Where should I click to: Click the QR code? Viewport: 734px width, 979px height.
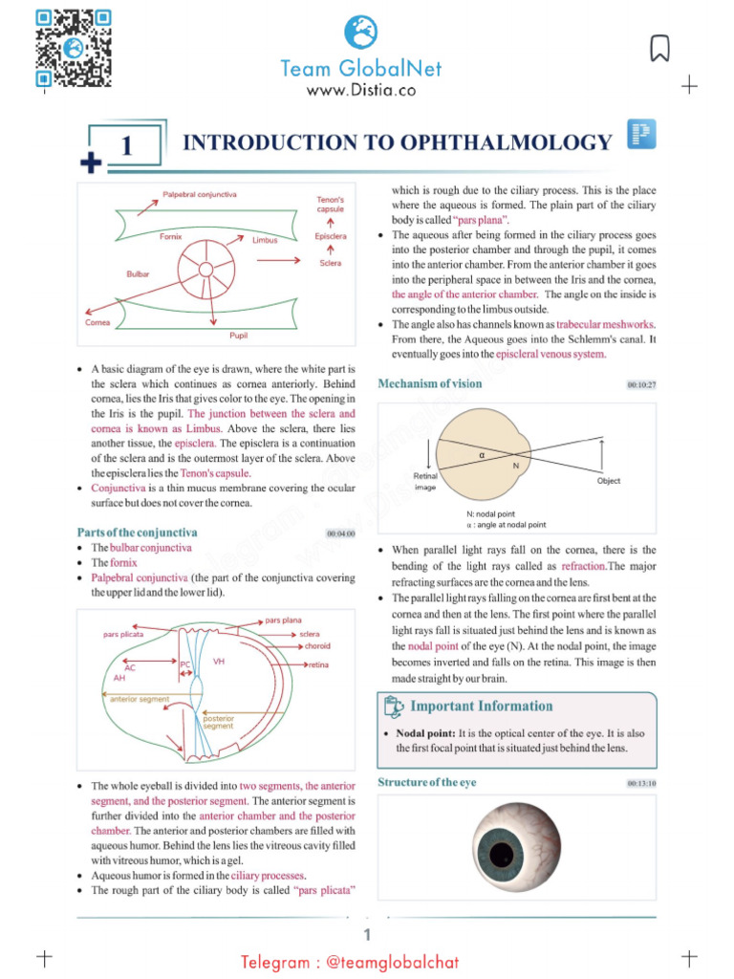74,48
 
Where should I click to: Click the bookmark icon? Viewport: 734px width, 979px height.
659,48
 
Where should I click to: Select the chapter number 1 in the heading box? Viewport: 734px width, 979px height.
126,146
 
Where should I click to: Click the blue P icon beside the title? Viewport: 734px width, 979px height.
640,135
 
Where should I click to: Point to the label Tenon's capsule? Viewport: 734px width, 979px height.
330,204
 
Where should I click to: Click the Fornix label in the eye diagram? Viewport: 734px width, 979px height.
171,236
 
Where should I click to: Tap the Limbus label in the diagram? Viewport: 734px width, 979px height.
265,240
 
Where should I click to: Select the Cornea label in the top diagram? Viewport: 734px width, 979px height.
97,322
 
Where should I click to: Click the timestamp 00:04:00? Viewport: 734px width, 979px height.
341,533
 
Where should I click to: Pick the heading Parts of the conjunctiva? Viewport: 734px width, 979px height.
137,532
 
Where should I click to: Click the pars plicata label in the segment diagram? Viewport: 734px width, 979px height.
123,634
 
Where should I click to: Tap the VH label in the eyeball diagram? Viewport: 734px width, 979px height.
218,662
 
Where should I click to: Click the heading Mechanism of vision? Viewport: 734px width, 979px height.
430,383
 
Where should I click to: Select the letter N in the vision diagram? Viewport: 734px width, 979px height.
516,466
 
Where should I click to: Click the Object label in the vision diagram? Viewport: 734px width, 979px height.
609,481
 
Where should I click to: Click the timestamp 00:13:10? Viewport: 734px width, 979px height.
641,784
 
